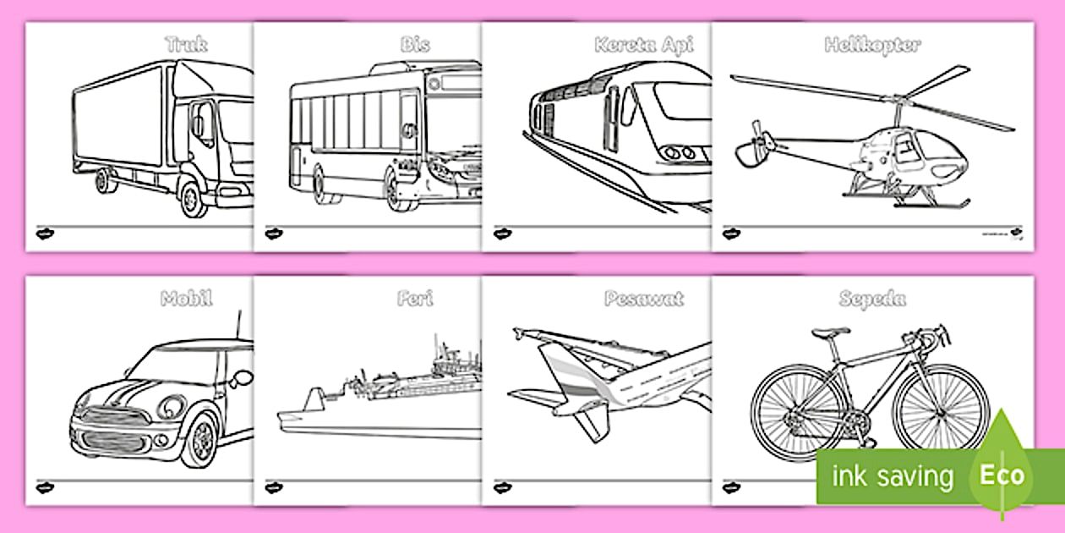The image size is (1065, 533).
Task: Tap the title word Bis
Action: click(x=416, y=44)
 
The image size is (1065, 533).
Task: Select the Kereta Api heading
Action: click(x=643, y=44)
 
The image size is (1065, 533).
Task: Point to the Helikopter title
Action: click(x=872, y=44)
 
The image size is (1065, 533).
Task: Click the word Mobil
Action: click(x=187, y=298)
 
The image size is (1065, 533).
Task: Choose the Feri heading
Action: click(x=415, y=298)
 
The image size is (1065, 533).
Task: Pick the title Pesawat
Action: click(x=643, y=298)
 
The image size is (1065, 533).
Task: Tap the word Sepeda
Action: click(x=872, y=298)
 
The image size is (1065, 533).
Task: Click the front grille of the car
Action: click(x=109, y=417)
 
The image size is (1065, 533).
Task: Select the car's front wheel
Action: click(x=199, y=440)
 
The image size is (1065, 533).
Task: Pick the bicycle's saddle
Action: click(x=830, y=333)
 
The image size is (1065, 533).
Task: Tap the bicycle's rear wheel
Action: click(x=788, y=412)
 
